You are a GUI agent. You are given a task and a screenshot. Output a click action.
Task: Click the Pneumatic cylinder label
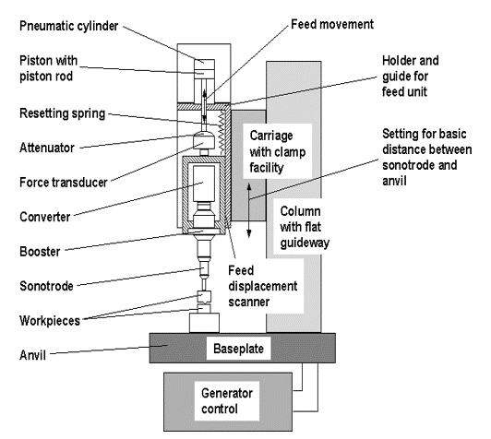tap(69, 26)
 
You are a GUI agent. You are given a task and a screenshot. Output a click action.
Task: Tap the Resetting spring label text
tap(63, 113)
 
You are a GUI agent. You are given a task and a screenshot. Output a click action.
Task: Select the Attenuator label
tap(47, 148)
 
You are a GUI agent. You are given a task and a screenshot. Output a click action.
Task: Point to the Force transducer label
tap(64, 182)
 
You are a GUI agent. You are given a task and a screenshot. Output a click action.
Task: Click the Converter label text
tap(45, 217)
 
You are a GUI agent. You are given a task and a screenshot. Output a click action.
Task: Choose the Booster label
tap(40, 252)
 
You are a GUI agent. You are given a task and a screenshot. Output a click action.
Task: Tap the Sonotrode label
tap(46, 286)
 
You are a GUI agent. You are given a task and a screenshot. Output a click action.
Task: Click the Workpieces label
tap(50, 321)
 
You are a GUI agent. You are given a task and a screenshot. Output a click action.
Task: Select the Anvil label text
tap(32, 355)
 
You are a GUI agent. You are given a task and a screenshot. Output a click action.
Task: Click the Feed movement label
tap(332, 24)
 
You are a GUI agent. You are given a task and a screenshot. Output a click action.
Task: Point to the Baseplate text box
tap(239, 349)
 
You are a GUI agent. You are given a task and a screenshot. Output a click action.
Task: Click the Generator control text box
tap(227, 401)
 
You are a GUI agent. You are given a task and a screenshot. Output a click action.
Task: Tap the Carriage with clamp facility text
tap(278, 152)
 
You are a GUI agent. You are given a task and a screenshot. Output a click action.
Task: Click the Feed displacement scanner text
tap(263, 286)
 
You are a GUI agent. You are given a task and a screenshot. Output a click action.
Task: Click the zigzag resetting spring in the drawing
tap(222, 133)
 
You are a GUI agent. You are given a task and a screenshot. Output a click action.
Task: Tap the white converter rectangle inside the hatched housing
tap(204, 184)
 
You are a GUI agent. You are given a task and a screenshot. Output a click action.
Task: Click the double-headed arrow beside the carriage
tap(249, 210)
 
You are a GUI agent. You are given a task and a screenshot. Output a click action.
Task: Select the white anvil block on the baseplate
tap(204, 323)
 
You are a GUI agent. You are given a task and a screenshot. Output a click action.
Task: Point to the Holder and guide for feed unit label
tap(410, 76)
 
